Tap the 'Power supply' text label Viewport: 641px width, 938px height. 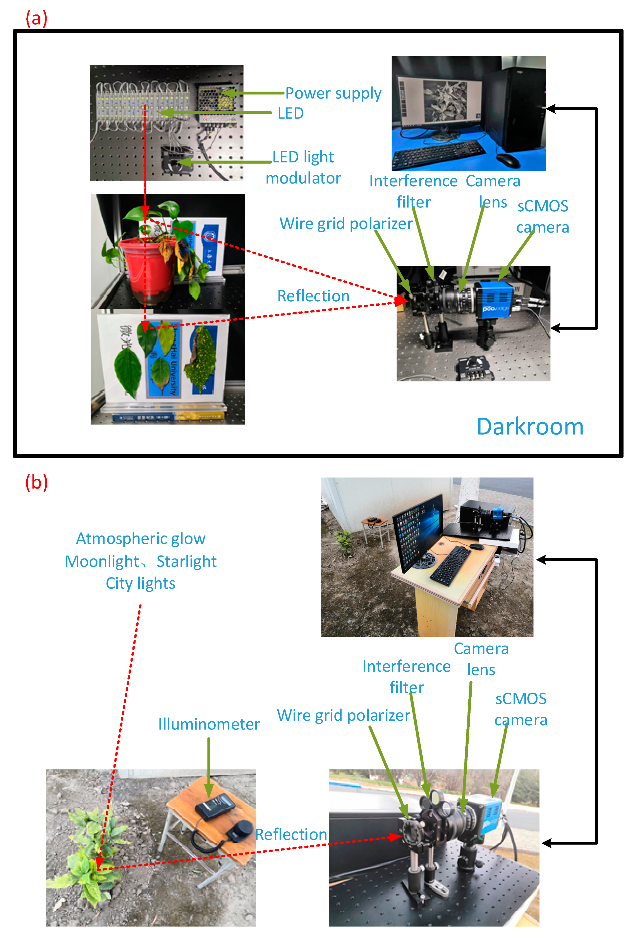coord(333,93)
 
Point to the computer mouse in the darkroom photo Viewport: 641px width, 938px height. coord(507,160)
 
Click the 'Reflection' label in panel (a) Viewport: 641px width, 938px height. coord(313,296)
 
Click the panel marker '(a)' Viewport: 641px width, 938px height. coord(36,19)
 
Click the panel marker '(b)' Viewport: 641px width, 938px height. coord(36,482)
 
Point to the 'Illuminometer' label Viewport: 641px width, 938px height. coord(209,724)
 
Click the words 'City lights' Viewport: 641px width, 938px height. coord(140,583)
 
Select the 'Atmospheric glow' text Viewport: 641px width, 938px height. coord(141,538)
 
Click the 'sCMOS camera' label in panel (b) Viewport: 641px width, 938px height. coord(521,709)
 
